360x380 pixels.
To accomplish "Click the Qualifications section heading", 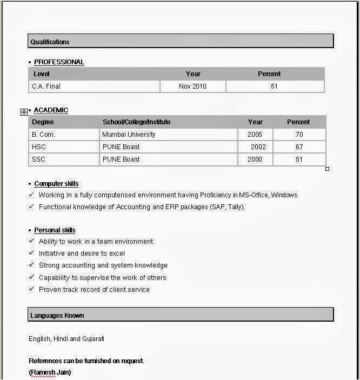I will [x=50, y=42].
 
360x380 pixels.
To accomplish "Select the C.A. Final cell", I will [x=50, y=86].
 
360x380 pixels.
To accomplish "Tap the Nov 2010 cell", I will [x=192, y=86].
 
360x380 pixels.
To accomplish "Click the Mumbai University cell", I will [x=129, y=135].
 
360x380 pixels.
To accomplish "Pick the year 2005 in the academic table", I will [x=255, y=135].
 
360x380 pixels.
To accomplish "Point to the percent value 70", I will [x=299, y=135].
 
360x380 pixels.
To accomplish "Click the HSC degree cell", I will [x=39, y=147].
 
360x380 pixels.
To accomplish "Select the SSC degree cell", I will [x=39, y=159].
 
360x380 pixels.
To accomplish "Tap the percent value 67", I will [x=299, y=147].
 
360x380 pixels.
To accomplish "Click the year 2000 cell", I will [x=255, y=159].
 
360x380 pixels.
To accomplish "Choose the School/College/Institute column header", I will [x=136, y=122].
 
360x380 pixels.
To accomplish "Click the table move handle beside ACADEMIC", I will [x=24, y=112].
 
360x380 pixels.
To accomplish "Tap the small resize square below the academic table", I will [x=327, y=169].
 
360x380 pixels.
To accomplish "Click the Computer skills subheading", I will [x=56, y=184].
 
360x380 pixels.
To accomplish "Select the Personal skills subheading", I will [x=55, y=230].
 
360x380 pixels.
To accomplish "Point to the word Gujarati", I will [x=93, y=339].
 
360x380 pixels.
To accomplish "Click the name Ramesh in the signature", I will [x=43, y=372].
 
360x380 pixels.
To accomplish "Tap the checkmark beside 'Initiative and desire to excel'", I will [x=31, y=253].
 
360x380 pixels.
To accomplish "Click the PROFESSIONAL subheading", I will [x=59, y=62].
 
